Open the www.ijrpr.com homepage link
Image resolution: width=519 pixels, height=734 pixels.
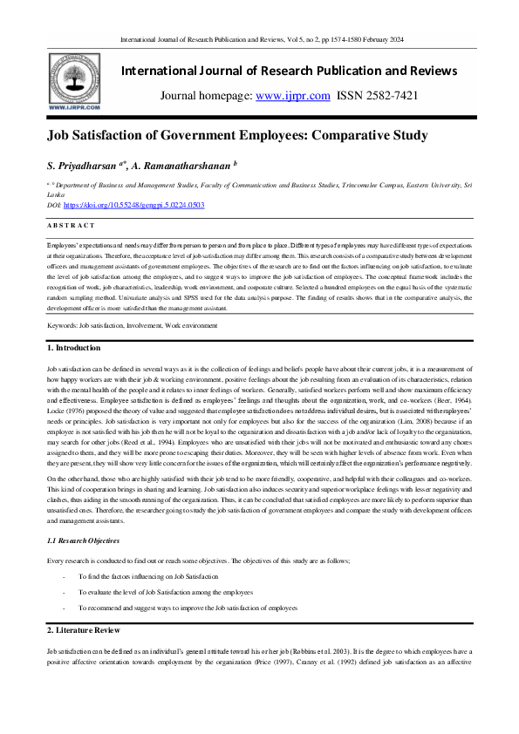coord(298,96)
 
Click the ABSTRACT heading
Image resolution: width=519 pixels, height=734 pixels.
coord(72,225)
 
